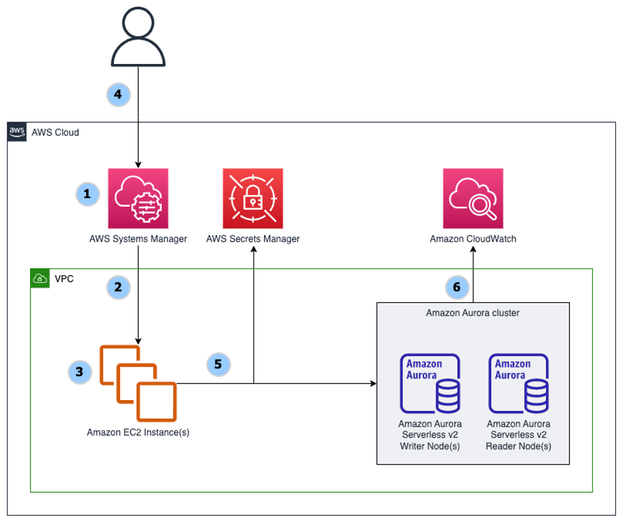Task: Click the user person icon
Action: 138,38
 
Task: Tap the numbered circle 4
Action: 118,95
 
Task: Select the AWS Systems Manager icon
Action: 138,198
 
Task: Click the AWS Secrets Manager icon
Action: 253,198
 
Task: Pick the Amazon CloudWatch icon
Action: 473,198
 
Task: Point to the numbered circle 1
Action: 88,194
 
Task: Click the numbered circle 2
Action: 118,287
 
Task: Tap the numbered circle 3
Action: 80,371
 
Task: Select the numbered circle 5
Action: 218,364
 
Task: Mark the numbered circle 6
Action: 457,287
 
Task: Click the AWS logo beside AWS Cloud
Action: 17,132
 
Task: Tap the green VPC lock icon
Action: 40,278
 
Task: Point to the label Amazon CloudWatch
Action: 473,239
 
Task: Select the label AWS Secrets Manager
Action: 253,239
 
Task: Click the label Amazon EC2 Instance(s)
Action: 138,432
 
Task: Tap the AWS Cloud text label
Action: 55,132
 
